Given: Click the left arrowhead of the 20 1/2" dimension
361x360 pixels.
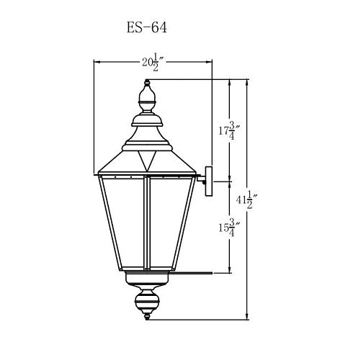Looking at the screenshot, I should [97, 63].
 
